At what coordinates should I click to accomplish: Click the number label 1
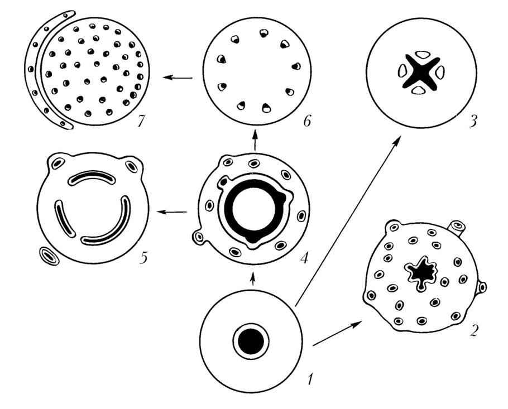(311, 378)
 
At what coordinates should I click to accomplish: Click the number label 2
(473, 330)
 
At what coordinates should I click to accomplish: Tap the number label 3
(473, 122)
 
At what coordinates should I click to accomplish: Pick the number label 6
(306, 121)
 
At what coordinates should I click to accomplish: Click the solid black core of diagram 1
(251, 341)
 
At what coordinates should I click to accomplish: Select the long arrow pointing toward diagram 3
(348, 221)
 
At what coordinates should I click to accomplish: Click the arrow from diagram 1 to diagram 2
(337, 334)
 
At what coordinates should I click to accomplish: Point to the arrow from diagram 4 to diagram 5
(172, 212)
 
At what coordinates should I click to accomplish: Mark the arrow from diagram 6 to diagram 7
(178, 78)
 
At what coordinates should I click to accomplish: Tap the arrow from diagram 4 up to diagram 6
(255, 140)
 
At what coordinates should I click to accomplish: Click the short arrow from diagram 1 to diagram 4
(253, 279)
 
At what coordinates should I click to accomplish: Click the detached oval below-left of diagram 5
(49, 256)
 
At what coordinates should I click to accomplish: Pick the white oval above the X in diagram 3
(421, 55)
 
